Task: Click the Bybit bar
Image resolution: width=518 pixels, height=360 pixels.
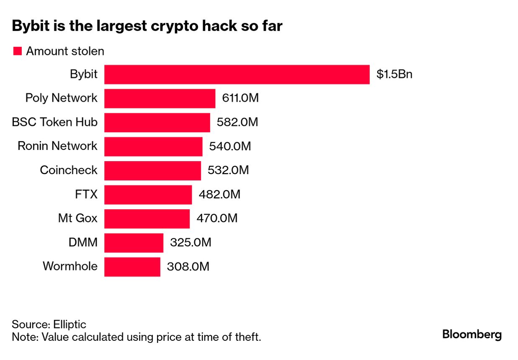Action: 237,75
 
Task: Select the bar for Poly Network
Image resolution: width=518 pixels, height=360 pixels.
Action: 160,98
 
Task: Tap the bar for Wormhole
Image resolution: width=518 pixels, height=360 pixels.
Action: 132,267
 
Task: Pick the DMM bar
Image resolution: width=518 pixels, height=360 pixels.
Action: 134,243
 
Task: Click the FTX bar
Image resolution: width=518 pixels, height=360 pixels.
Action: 148,195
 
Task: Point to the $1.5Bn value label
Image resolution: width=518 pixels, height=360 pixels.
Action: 394,75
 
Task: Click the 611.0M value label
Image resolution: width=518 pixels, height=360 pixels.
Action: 240,98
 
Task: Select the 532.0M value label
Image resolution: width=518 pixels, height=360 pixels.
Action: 228,170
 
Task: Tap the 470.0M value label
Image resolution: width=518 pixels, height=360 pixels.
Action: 216,219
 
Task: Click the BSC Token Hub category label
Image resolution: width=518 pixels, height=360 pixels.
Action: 54,122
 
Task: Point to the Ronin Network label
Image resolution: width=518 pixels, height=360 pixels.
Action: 57,146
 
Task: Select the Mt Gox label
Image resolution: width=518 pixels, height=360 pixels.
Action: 77,219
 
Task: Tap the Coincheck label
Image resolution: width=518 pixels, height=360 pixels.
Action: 69,170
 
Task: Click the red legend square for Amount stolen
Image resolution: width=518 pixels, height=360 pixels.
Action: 17,51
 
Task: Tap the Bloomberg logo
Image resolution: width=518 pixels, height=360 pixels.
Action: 472,335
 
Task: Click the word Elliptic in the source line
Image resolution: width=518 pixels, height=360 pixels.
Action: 70,324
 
